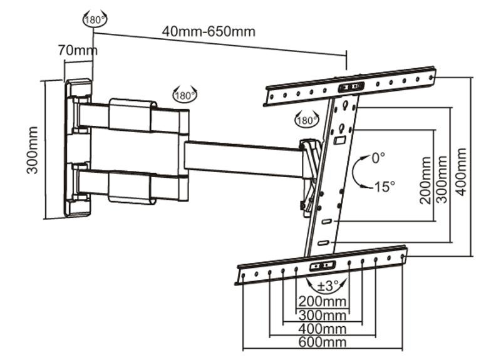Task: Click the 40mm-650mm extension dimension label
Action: [x=209, y=32]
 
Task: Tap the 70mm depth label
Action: [x=78, y=50]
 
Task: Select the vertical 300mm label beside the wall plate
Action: [x=33, y=150]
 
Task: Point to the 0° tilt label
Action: [x=378, y=158]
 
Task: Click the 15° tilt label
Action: [x=385, y=187]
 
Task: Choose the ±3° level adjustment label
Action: [x=328, y=286]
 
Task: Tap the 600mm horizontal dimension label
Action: [x=323, y=342]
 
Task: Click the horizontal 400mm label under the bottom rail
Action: [x=323, y=329]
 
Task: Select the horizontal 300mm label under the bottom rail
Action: [x=323, y=316]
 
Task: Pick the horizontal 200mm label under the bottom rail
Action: [x=323, y=301]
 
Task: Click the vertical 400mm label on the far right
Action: [x=461, y=172]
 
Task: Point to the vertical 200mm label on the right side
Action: [x=426, y=180]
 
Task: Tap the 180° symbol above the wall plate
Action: [x=95, y=19]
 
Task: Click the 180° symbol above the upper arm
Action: [x=185, y=95]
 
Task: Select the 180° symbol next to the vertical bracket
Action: [x=306, y=120]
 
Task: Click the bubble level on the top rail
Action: [x=351, y=87]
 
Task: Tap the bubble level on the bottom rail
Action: [x=323, y=265]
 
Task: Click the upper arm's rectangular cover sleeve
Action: [x=132, y=115]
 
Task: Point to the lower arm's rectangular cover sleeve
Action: [x=132, y=187]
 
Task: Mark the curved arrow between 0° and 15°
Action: [x=354, y=172]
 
